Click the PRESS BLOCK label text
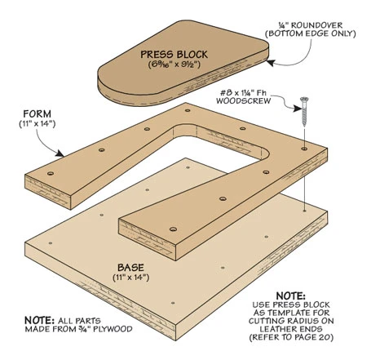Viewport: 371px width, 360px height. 174,55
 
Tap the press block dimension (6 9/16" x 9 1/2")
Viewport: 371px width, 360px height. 174,64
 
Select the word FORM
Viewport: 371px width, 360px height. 37,113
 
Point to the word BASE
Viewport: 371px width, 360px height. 130,268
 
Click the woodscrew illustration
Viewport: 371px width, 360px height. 304,111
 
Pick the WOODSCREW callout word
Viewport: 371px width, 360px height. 244,101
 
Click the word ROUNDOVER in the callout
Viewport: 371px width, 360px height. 317,25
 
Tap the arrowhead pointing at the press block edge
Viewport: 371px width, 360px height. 270,63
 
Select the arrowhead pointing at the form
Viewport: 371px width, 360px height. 60,153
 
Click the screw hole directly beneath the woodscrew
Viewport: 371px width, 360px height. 304,149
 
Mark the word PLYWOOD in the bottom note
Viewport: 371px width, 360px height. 113,329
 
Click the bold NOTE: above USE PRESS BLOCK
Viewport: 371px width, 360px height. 290,296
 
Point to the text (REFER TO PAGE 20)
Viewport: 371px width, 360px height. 291,337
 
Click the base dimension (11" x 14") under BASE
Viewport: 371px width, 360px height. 130,278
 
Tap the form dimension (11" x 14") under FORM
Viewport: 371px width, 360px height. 38,124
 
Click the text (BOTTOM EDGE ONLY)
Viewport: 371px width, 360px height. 311,33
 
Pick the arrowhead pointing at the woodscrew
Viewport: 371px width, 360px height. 298,109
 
